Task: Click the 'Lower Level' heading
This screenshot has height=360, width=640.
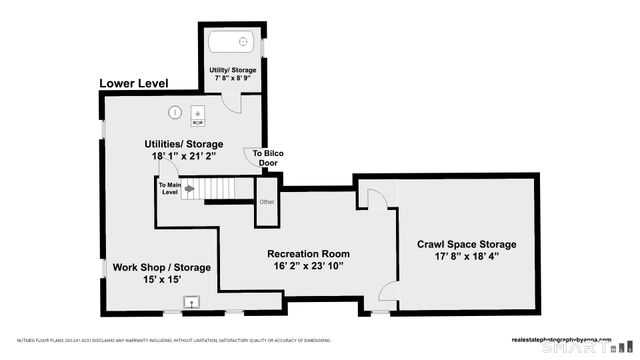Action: click(x=133, y=83)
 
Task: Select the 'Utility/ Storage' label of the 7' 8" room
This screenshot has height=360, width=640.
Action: click(x=232, y=70)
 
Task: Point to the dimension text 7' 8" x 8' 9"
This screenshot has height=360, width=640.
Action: click(x=232, y=79)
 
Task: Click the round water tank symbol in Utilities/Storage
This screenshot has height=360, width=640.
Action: click(x=174, y=113)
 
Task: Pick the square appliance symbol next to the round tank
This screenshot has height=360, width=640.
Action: click(x=197, y=116)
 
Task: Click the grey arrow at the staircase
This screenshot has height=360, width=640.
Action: click(x=188, y=188)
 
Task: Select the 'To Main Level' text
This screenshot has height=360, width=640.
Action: click(x=168, y=188)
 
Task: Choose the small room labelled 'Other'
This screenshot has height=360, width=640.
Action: click(x=266, y=202)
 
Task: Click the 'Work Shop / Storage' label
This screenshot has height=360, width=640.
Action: click(x=160, y=267)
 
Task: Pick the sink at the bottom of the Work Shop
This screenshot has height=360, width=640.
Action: click(x=191, y=301)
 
